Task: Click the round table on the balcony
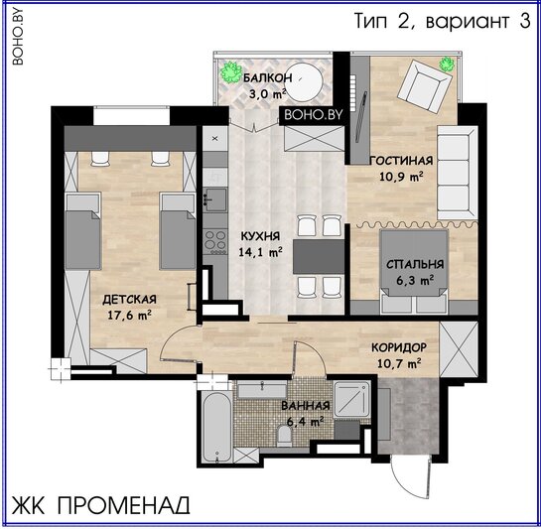pos(304,82)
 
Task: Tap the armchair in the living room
pos(425,86)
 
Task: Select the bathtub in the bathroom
pos(216,427)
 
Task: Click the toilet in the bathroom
pos(285,436)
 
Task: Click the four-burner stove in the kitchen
pos(215,240)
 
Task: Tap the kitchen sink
pos(215,199)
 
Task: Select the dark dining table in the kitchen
pos(319,257)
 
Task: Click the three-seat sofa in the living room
pos(458,173)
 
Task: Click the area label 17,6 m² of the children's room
pos(129,315)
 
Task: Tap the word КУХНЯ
pos(260,236)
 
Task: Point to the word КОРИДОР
pos(399,347)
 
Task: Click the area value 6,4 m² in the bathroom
pos(305,421)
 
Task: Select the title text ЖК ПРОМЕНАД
pos(100,505)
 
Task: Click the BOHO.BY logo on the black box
pos(314,114)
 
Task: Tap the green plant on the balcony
pos(231,72)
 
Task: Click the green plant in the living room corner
pos(447,64)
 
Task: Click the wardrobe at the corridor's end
pos(459,349)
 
